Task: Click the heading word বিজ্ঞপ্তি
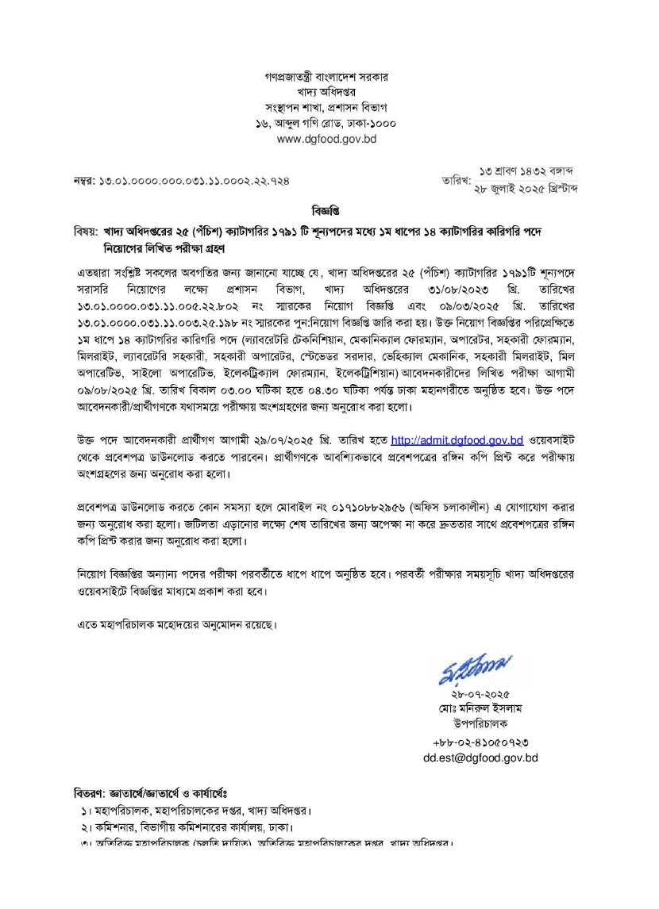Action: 329,212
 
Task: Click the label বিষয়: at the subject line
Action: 83,230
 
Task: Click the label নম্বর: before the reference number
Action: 84,182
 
